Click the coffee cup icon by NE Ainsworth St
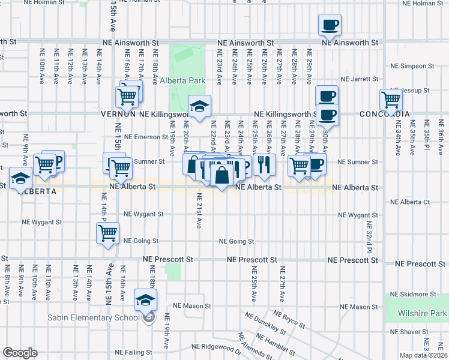click(x=330, y=25)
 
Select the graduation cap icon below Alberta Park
click(x=199, y=107)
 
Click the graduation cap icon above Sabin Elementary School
click(x=145, y=299)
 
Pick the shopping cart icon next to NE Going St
click(x=107, y=233)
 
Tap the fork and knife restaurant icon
click(x=264, y=164)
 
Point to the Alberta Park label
click(x=183, y=80)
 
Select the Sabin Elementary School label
click(x=99, y=317)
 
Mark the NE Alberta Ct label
click(x=411, y=202)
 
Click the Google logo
click(x=20, y=353)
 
